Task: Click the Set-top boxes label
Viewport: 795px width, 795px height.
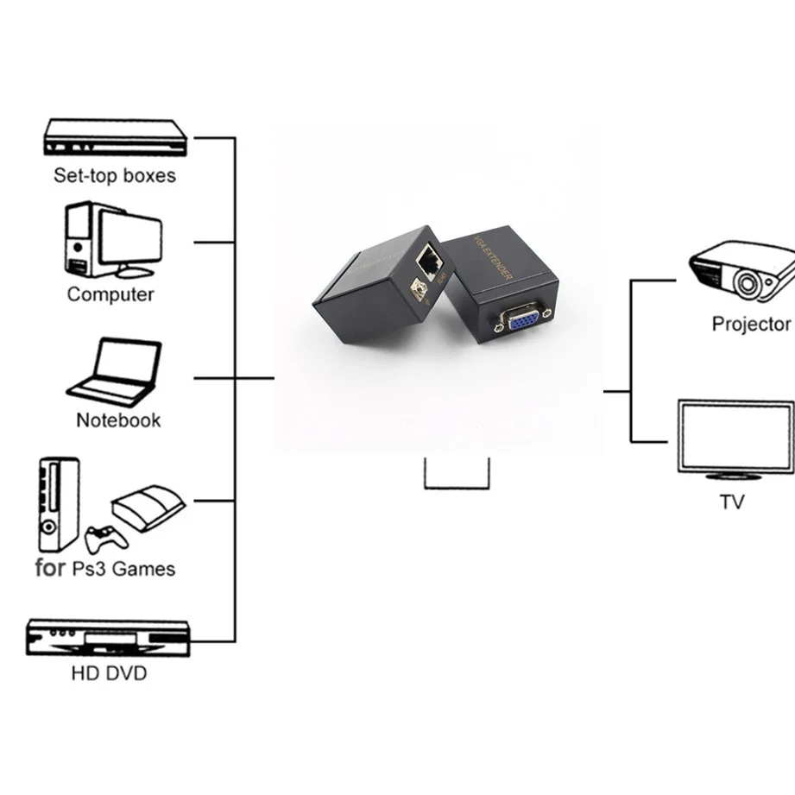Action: [x=114, y=176]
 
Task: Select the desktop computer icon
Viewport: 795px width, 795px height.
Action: [x=112, y=240]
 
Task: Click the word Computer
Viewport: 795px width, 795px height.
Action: [x=110, y=294]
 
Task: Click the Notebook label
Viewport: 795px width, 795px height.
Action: [x=118, y=421]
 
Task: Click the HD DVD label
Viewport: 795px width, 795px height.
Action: [x=109, y=673]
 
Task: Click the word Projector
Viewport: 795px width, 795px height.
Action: [x=751, y=325]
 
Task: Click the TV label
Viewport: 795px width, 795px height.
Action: [x=732, y=502]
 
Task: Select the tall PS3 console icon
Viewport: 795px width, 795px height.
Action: [x=59, y=505]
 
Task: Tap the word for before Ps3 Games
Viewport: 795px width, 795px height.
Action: [x=50, y=569]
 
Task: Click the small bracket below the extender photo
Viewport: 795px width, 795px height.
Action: [x=457, y=476]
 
